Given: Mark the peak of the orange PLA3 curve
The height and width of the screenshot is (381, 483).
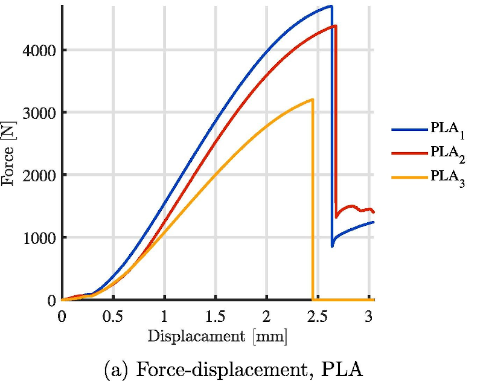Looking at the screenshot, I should click(x=312, y=100).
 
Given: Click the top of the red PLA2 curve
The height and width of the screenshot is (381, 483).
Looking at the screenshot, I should click(x=335, y=25).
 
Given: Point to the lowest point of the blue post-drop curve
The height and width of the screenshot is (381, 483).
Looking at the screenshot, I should click(x=332, y=246).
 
